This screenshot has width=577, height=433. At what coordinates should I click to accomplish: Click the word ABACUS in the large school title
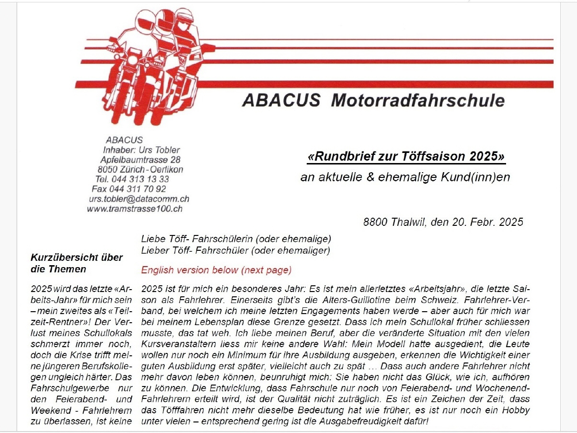coord(281,101)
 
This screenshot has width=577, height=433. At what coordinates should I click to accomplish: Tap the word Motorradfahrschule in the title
coord(417,101)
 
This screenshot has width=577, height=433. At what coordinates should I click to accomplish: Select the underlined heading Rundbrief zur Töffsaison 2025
coord(406,157)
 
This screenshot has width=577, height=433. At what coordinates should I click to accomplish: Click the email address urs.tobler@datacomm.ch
coord(139,199)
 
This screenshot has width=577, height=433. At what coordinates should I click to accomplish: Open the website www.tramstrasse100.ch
coord(135,209)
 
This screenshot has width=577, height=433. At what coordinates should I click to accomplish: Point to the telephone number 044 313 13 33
coord(142,179)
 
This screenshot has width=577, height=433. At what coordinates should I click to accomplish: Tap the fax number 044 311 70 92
coord(138,189)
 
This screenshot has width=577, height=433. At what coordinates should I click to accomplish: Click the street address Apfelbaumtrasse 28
coord(140,160)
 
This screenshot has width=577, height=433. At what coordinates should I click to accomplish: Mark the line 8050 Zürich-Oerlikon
coord(140,169)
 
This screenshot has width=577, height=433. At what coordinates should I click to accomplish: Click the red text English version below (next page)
coord(216,270)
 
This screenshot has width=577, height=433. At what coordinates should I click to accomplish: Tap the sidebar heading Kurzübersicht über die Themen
coord(77,263)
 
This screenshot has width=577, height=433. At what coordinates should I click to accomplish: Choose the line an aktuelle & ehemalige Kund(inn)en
coord(405,177)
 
